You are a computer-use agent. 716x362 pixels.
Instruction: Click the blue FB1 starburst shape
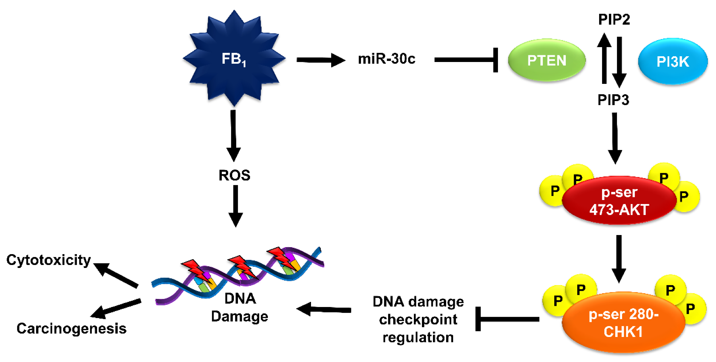234,58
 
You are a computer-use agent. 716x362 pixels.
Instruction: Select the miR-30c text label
386,59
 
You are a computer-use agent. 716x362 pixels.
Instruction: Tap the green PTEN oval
546,60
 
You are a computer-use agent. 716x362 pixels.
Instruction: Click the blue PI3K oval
673,61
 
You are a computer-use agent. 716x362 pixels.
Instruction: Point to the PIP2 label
614,20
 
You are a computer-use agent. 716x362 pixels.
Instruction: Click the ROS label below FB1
234,175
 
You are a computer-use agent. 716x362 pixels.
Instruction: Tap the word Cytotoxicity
49,260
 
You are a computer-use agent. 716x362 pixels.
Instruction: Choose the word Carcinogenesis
71,328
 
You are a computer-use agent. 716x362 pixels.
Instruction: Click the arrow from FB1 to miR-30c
320,60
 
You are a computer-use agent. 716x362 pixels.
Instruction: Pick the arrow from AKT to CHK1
619,258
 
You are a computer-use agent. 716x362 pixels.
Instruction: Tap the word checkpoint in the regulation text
418,320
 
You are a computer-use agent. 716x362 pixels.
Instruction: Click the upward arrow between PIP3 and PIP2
604,58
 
